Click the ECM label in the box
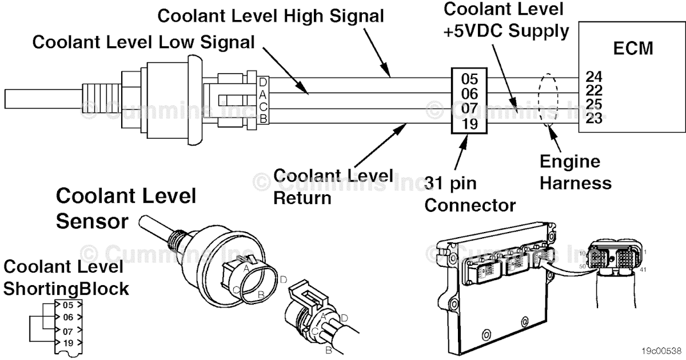633,49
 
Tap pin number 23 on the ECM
594,119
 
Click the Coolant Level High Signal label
271,15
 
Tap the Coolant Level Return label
333,186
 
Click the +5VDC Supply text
506,31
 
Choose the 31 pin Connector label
469,194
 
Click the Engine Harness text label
575,173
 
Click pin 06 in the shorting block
68,317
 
